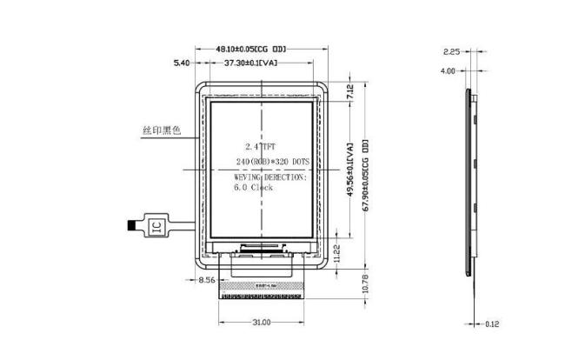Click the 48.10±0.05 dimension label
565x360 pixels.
[250, 49]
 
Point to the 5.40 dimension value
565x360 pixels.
[182, 63]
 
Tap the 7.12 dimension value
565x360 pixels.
[349, 91]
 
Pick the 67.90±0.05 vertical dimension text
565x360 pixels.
[365, 174]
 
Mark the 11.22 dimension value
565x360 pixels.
[337, 254]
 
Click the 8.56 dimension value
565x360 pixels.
[207, 280]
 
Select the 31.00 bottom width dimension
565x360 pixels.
[261, 323]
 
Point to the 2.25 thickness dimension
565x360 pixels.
[451, 52]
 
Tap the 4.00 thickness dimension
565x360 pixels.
[448, 71]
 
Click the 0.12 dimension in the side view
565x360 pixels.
[492, 324]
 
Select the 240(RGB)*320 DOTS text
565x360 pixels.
[272, 162]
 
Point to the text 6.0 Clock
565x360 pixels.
[253, 187]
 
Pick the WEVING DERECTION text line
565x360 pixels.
[270, 176]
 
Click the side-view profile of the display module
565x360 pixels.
[470, 191]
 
